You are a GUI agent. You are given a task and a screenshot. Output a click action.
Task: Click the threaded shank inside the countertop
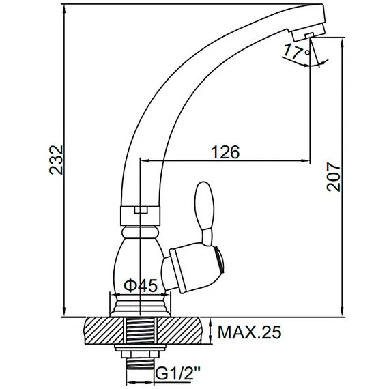[140, 334]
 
